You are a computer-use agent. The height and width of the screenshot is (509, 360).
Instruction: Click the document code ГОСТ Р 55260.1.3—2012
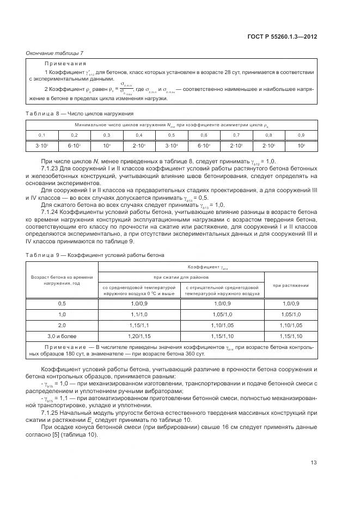(x=287, y=36)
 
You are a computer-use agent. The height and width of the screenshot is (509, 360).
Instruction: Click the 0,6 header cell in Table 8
(x=204, y=134)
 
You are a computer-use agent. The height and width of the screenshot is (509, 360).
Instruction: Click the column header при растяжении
(x=291, y=285)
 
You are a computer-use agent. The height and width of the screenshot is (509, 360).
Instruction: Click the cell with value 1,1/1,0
(x=139, y=314)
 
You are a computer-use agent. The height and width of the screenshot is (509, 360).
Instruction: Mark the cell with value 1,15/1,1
(x=139, y=324)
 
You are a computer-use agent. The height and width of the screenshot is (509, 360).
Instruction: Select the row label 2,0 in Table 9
(x=62, y=324)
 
